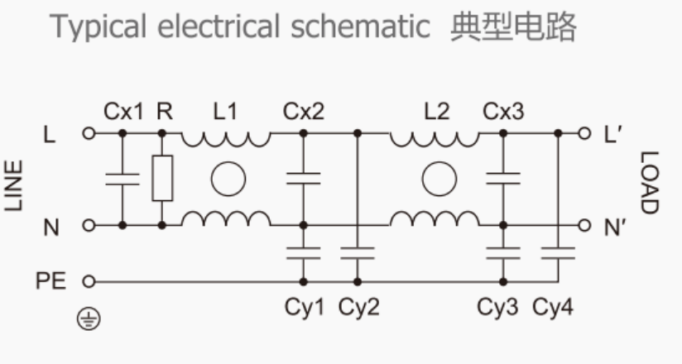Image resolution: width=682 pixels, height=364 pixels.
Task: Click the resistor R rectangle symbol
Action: click(x=162, y=178)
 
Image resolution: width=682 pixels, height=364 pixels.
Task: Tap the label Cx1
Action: click(x=123, y=110)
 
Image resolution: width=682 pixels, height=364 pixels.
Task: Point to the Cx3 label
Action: click(x=502, y=110)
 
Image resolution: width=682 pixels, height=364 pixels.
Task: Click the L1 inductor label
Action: click(x=224, y=110)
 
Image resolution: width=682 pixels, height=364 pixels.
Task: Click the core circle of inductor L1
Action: click(x=225, y=179)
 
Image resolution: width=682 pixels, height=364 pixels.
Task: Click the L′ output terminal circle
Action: click(x=584, y=132)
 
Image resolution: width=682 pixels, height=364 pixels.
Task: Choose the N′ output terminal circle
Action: click(x=584, y=224)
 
